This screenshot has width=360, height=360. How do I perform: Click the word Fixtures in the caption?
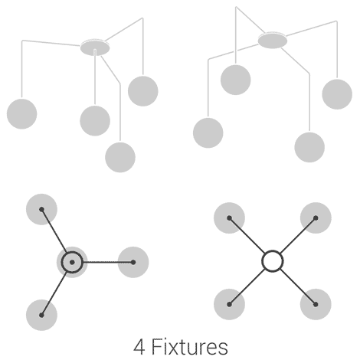190,347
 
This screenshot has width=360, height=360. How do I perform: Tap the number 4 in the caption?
139,347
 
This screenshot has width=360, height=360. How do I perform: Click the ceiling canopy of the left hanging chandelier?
95,47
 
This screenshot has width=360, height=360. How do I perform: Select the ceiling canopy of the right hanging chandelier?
273,40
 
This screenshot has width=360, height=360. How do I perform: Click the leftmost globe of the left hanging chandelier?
21,114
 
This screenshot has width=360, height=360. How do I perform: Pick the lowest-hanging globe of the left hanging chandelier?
120,157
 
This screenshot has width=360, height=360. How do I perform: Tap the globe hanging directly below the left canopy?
95,121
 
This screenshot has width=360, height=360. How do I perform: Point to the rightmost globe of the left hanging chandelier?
143,91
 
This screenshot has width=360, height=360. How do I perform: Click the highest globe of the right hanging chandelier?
236,80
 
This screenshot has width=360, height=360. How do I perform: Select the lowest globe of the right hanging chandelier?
309,147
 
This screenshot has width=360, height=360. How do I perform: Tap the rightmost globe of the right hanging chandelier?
337,94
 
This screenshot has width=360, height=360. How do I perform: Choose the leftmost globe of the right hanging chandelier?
208,133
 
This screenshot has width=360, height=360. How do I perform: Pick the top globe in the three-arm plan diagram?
41,209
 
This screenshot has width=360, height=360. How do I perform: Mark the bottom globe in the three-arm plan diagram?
41,315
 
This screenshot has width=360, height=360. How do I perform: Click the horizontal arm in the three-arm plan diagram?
108,262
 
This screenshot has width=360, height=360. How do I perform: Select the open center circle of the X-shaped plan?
273,250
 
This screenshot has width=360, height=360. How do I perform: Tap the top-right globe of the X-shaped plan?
316,218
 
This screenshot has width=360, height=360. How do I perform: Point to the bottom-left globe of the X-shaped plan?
229,304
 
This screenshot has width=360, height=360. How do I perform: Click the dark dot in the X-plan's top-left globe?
229,218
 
